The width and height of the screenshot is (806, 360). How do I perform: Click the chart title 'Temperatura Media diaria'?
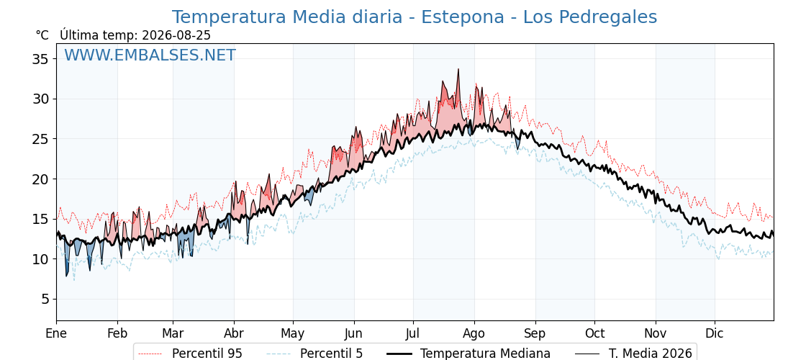(x=287, y=17)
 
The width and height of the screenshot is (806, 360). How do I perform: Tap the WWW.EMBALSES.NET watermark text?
(x=150, y=55)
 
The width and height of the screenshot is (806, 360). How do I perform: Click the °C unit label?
(x=42, y=35)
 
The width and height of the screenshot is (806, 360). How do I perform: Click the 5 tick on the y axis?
(x=44, y=300)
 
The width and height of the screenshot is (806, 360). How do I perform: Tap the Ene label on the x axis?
(x=56, y=333)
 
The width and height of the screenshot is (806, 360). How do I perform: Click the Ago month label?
(x=474, y=333)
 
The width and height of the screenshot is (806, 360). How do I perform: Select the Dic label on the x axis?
(x=715, y=333)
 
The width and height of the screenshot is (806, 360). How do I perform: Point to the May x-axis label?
(x=293, y=333)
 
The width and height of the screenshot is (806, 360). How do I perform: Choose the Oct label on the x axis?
(x=594, y=333)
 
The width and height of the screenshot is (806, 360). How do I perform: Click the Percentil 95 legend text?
(x=207, y=354)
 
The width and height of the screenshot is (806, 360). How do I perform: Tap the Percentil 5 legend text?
(x=332, y=354)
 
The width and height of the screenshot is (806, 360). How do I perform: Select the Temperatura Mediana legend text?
(x=485, y=354)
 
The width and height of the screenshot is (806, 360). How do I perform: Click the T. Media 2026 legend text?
(x=651, y=354)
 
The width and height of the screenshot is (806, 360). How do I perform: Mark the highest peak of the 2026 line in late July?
(x=458, y=69)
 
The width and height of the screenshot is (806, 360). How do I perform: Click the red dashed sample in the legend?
(x=150, y=354)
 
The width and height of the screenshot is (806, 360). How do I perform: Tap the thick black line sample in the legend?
(x=399, y=354)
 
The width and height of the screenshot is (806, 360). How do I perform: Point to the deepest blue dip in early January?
(x=66, y=276)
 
